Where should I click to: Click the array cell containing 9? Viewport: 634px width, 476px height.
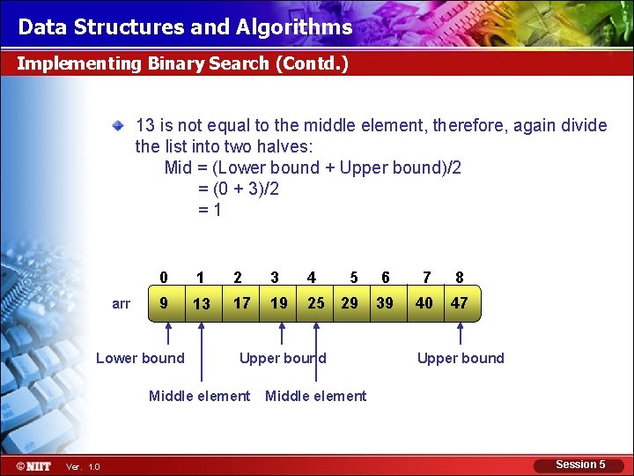click(x=164, y=303)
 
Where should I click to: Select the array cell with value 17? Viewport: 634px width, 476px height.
click(x=241, y=303)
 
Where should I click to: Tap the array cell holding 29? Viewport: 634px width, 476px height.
click(x=350, y=303)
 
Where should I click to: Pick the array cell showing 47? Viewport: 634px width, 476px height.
click(x=459, y=303)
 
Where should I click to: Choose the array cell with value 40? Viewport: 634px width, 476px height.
click(x=424, y=303)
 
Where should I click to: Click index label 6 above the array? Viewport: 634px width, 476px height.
click(x=385, y=278)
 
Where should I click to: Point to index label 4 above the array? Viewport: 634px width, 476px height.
click(x=312, y=278)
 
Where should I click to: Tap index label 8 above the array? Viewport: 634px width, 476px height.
click(x=459, y=278)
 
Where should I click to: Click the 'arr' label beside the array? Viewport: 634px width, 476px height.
click(x=122, y=304)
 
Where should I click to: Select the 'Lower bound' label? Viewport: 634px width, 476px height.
click(x=140, y=358)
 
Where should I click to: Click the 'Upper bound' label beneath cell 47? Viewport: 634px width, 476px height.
click(x=461, y=358)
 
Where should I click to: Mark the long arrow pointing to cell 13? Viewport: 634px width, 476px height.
click(x=202, y=353)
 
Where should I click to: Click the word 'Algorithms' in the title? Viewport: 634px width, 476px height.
click(x=294, y=27)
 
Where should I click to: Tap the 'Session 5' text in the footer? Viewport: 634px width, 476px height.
click(x=580, y=465)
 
